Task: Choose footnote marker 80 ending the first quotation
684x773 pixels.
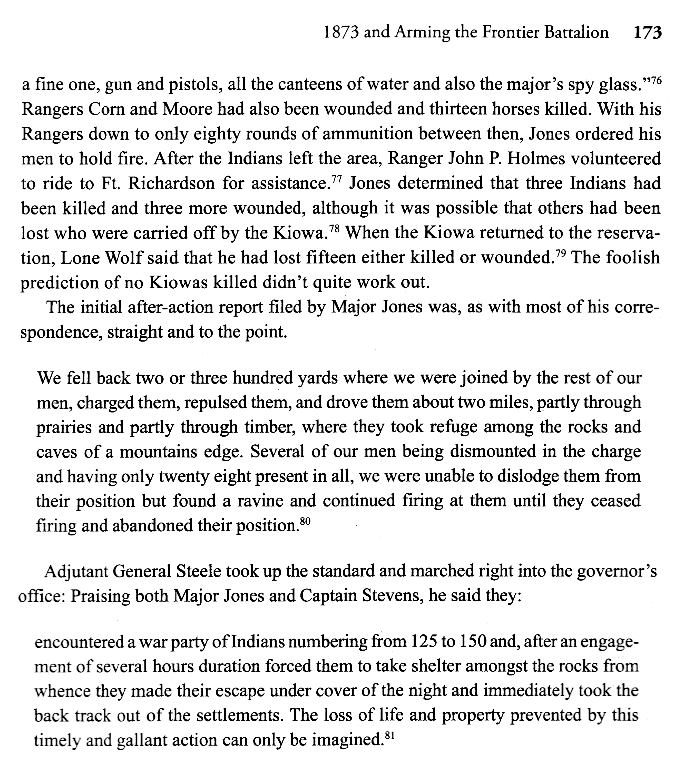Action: (x=305, y=522)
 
